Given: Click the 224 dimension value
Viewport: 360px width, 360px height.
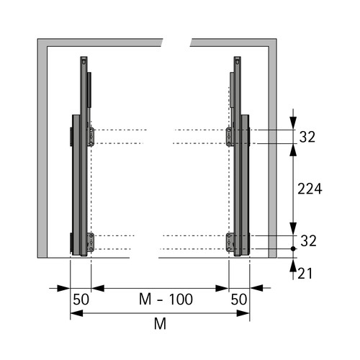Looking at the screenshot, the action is pyautogui.click(x=310, y=189).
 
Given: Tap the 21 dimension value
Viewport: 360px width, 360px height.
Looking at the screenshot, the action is pyautogui.click(x=305, y=274).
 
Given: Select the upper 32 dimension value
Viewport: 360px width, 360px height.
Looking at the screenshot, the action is pyautogui.click(x=307, y=137).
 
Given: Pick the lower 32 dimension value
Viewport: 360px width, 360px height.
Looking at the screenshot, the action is pyautogui.click(x=308, y=240).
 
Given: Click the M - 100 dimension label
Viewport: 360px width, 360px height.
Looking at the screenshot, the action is pyautogui.click(x=166, y=300).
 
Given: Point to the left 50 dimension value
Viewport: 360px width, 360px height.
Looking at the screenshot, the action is pyautogui.click(x=81, y=300).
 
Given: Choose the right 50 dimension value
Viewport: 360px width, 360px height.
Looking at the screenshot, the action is pyautogui.click(x=239, y=300).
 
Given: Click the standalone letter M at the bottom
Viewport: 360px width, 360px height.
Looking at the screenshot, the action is pyautogui.click(x=160, y=324).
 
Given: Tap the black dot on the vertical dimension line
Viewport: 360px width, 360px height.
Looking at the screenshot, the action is pyautogui.click(x=293, y=249).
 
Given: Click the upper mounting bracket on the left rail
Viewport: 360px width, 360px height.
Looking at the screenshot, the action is pyautogui.click(x=91, y=137).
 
